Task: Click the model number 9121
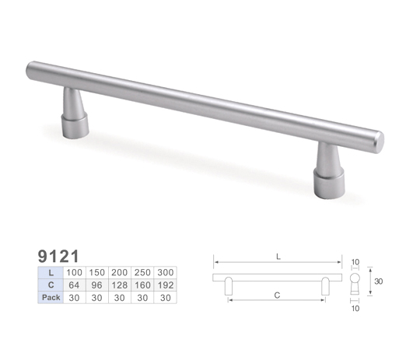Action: point(58,256)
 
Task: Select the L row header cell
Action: point(51,273)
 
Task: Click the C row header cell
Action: point(51,285)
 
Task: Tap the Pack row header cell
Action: point(51,297)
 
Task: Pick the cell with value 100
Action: point(74,273)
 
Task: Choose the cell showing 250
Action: point(142,273)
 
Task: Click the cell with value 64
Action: point(74,285)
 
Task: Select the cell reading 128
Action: point(120,285)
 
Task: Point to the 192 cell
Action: point(165,285)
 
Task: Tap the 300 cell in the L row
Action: point(165,273)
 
